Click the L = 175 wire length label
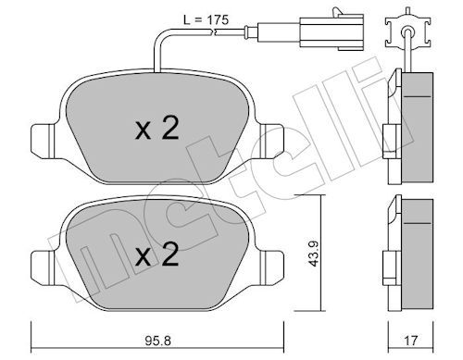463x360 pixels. click(206, 20)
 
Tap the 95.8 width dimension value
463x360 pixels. click(157, 341)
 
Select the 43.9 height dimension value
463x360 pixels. click(314, 254)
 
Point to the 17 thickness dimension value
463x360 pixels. click(410, 341)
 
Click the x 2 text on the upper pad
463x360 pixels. click(157, 128)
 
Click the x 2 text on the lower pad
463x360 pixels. click(157, 254)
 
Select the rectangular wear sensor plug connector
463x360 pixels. click(332, 31)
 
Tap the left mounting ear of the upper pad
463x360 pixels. click(44, 142)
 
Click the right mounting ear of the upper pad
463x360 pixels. click(271, 142)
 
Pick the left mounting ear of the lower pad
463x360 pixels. click(44, 267)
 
